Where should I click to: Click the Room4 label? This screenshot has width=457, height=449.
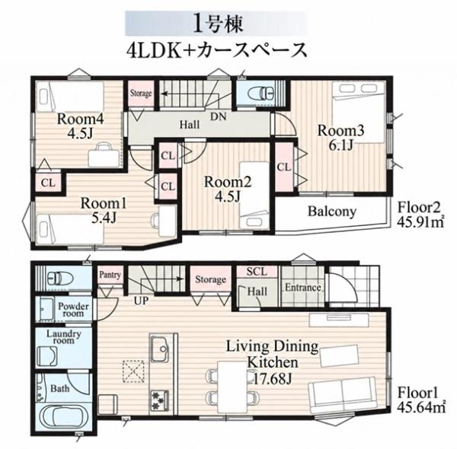pyautogui.click(x=80, y=119)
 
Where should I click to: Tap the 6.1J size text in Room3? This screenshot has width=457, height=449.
pyautogui.click(x=340, y=145)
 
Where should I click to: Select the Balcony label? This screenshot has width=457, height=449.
pyautogui.click(x=332, y=212)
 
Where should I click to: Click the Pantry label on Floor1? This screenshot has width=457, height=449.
pyautogui.click(x=110, y=275)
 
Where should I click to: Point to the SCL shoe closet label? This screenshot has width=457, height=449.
pyautogui.click(x=257, y=272)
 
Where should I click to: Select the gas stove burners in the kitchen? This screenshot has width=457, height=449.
pyautogui.click(x=159, y=400)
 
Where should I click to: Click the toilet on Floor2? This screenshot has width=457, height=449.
pyautogui.click(x=260, y=94)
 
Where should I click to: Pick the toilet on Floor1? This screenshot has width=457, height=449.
pyautogui.click(x=59, y=279)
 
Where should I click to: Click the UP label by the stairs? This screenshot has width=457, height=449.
pyautogui.click(x=142, y=301)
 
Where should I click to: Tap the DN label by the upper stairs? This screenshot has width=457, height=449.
pyautogui.click(x=219, y=116)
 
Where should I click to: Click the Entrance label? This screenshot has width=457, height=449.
pyautogui.click(x=303, y=288)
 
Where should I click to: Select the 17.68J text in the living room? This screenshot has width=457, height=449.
pyautogui.click(x=273, y=379)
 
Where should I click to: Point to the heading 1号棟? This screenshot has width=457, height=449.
pyautogui.click(x=217, y=24)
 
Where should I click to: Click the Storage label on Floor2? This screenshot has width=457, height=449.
pyautogui.click(x=141, y=93)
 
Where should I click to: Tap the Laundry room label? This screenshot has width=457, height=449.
pyautogui.click(x=64, y=337)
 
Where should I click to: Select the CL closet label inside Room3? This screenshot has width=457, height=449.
pyautogui.click(x=284, y=167)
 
